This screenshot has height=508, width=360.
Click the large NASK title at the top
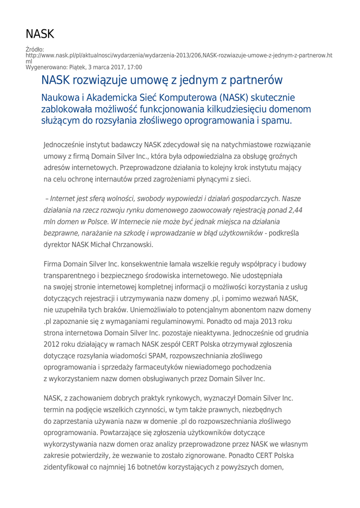coord(40,34)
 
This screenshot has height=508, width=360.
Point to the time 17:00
coord(134,67)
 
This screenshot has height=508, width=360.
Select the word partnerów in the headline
coord(254,80)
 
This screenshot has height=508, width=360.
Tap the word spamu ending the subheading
coord(278,120)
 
